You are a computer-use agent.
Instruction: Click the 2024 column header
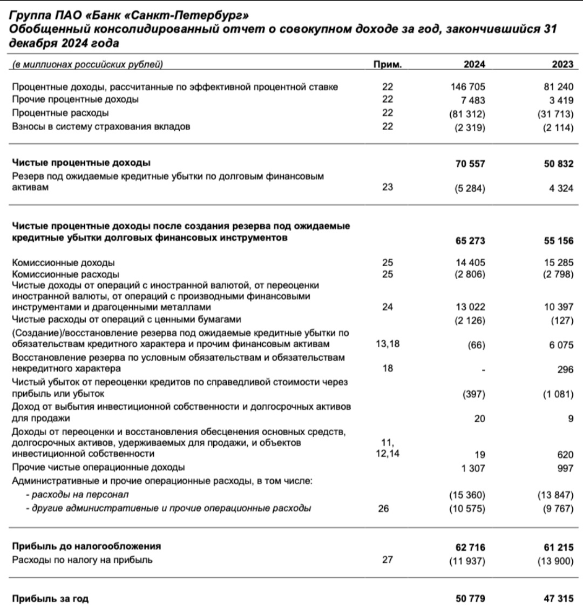474,65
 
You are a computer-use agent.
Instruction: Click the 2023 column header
562,65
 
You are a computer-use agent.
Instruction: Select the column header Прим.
387,65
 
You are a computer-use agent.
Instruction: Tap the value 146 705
469,87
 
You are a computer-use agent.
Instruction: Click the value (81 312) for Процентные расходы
467,114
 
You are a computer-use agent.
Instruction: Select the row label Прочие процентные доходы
75,99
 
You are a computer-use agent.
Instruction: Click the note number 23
387,187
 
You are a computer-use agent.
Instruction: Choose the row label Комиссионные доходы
63,263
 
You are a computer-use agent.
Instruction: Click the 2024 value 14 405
471,263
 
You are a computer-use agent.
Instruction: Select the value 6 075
561,345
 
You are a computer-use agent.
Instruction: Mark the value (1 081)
558,394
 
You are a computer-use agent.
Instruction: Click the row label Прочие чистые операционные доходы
98,467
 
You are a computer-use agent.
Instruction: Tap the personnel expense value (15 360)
467,495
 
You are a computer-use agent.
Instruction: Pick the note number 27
387,560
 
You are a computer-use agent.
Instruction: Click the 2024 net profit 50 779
471,599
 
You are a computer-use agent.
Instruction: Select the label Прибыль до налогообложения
86,546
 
